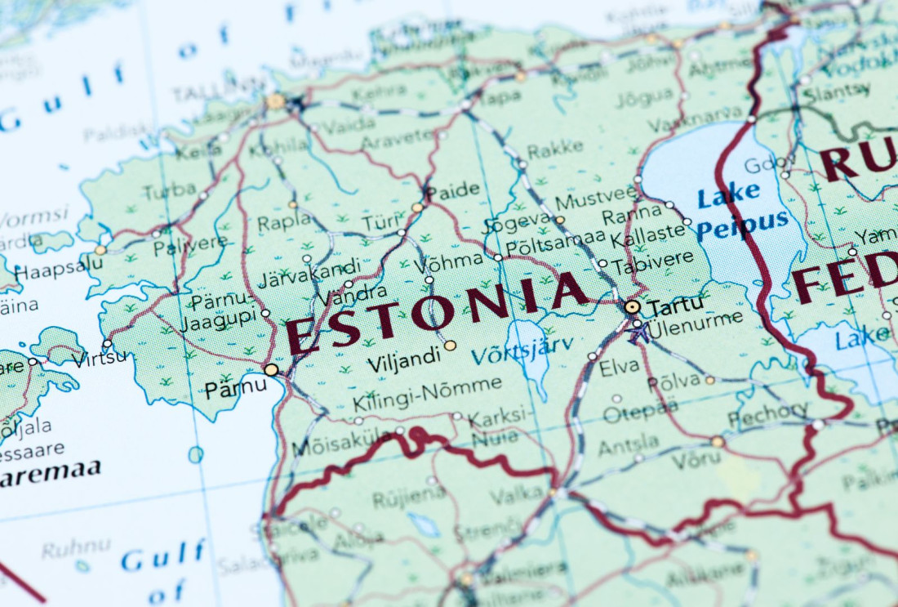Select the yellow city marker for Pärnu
pos(271,369)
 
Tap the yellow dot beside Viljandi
pos(451,346)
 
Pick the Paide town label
pos(454,190)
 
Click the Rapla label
pos(284,221)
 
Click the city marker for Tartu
pos(633,307)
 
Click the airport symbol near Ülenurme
pos(638,331)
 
